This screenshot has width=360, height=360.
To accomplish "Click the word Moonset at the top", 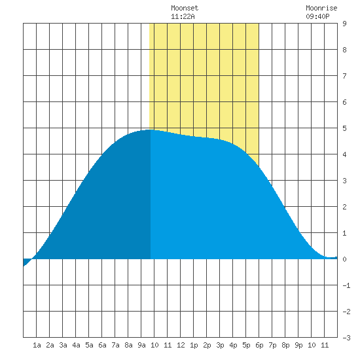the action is coord(185,8).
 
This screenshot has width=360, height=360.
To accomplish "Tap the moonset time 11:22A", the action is coord(183,16).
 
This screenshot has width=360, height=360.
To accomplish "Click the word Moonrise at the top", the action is coord(321,8).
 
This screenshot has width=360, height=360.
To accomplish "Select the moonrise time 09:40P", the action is coord(317,16).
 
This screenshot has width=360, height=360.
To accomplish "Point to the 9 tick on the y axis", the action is coord(344,24).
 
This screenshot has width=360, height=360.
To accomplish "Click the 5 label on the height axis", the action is coord(344,128).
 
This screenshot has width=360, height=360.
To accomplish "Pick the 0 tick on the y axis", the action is coord(344,259).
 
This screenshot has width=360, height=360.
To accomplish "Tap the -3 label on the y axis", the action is coord(346,338).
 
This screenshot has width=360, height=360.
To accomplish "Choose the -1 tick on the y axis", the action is coord(346,285).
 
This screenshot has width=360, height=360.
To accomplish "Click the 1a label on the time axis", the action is coord(37,345).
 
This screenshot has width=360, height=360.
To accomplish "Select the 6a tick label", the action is coord(102,345).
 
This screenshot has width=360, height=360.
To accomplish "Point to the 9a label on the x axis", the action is coord(141,345).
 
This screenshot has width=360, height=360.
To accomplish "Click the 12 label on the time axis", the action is coord(181,345).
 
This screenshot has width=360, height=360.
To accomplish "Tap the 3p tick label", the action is coord(220,345).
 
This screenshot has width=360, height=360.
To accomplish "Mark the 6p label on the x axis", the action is coord(259,345).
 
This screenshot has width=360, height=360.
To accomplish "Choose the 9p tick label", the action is coord(298,345).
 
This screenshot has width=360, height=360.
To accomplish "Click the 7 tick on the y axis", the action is coord(344,76).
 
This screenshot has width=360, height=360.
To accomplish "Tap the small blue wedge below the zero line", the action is coord(26,262).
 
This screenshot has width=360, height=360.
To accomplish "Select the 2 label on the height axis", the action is coord(344,207).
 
